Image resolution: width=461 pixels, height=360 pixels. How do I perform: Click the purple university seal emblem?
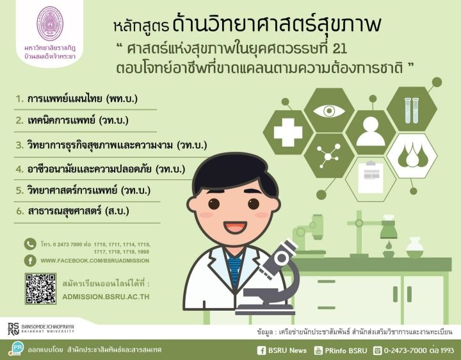click(50, 24)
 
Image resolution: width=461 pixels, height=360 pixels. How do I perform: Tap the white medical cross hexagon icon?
click(288, 133)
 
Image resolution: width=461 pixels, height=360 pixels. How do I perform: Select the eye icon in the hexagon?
click(329, 110)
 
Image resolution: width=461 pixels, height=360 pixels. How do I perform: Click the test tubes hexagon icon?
click(412, 110)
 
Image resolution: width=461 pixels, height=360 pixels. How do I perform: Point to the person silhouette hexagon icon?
click(371, 132)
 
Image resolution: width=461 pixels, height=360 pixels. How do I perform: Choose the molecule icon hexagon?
click(329, 155)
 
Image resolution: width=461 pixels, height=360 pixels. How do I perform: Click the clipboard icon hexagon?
click(371, 179)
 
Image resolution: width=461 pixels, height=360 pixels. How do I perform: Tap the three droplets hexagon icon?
click(412, 156)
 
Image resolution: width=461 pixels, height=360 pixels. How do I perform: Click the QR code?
click(40, 288)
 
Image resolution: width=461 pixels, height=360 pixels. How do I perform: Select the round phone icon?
click(30, 244)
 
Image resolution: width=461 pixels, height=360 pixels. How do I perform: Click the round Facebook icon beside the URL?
click(30, 261)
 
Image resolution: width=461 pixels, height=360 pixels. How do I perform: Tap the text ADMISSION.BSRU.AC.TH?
click(106, 297)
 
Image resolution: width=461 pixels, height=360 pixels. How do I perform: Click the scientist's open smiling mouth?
click(235, 227)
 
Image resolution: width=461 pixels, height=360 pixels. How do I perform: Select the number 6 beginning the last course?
click(20, 211)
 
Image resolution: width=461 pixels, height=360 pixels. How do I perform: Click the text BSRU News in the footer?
click(287, 350)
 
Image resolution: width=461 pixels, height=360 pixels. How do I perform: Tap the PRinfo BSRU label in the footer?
click(346, 350)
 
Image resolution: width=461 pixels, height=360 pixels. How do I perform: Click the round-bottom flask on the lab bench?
click(414, 248)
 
